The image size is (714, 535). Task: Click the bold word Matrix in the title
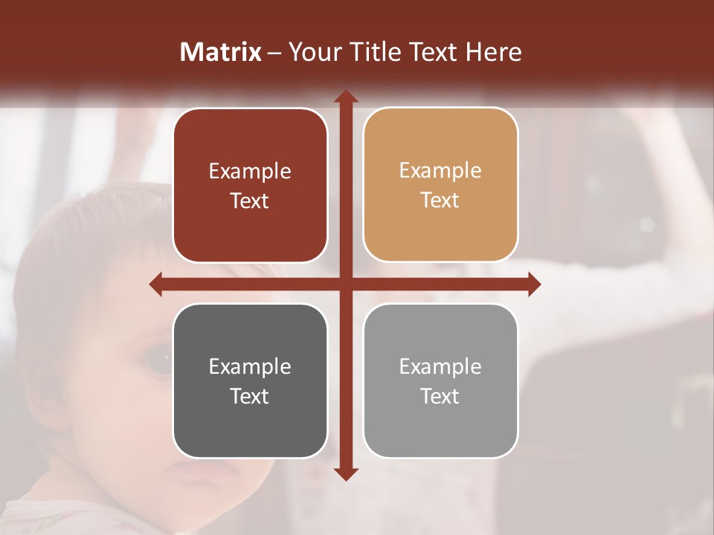pyautogui.click(x=221, y=52)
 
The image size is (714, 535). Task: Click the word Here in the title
pyautogui.click(x=493, y=52)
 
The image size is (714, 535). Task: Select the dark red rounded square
pyautogui.click(x=250, y=185)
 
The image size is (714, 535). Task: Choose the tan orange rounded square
pyautogui.click(x=440, y=185)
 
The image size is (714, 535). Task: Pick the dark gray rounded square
pyautogui.click(x=250, y=380)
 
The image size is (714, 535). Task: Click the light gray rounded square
pyautogui.click(x=440, y=380)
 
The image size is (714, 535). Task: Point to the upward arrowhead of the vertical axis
pyautogui.click(x=345, y=97)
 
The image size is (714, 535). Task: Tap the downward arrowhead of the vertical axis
pyautogui.click(x=345, y=473)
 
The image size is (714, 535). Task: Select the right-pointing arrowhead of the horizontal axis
pyautogui.click(x=533, y=284)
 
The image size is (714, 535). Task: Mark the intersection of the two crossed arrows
pyautogui.click(x=345, y=284)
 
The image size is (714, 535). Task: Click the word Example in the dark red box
pyautogui.click(x=250, y=171)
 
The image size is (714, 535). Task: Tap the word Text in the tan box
pyautogui.click(x=440, y=201)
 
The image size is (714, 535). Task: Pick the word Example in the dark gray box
pyautogui.click(x=250, y=366)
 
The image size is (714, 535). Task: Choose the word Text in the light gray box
pyautogui.click(x=440, y=396)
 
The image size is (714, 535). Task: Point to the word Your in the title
pyautogui.click(x=312, y=52)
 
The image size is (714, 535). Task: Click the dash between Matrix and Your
pyautogui.click(x=274, y=53)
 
